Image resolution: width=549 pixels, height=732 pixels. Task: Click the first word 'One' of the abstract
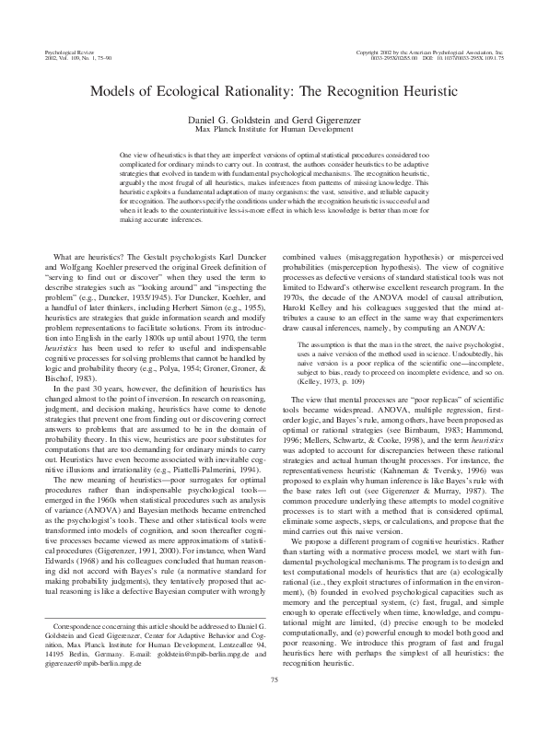pos(127,157)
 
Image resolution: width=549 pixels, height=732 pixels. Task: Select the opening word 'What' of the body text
pos(64,255)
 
